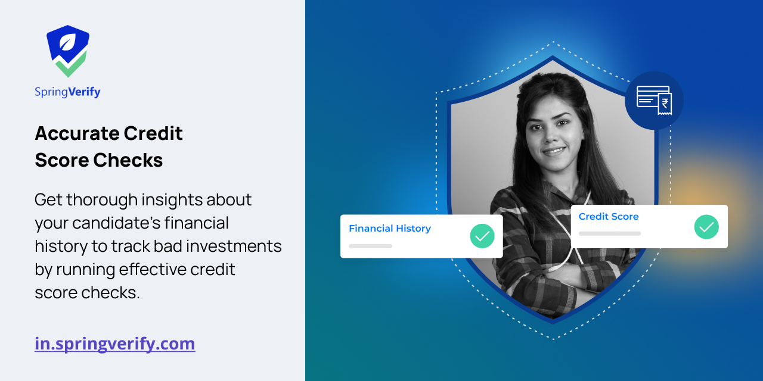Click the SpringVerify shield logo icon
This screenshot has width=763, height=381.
point(68,51)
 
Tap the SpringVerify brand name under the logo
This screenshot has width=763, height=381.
point(67,92)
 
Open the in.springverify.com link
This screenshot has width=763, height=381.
point(114,343)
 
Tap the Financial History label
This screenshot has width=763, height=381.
point(389,229)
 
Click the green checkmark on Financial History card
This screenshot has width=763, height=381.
point(482,236)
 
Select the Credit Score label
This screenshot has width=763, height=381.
point(608,217)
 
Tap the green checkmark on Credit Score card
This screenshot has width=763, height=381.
point(706,227)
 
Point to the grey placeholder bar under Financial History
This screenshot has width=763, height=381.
point(370,246)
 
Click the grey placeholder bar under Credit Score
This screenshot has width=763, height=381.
point(609,233)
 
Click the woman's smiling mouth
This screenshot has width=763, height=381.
point(554,151)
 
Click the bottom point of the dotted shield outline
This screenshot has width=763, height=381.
point(553,339)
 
